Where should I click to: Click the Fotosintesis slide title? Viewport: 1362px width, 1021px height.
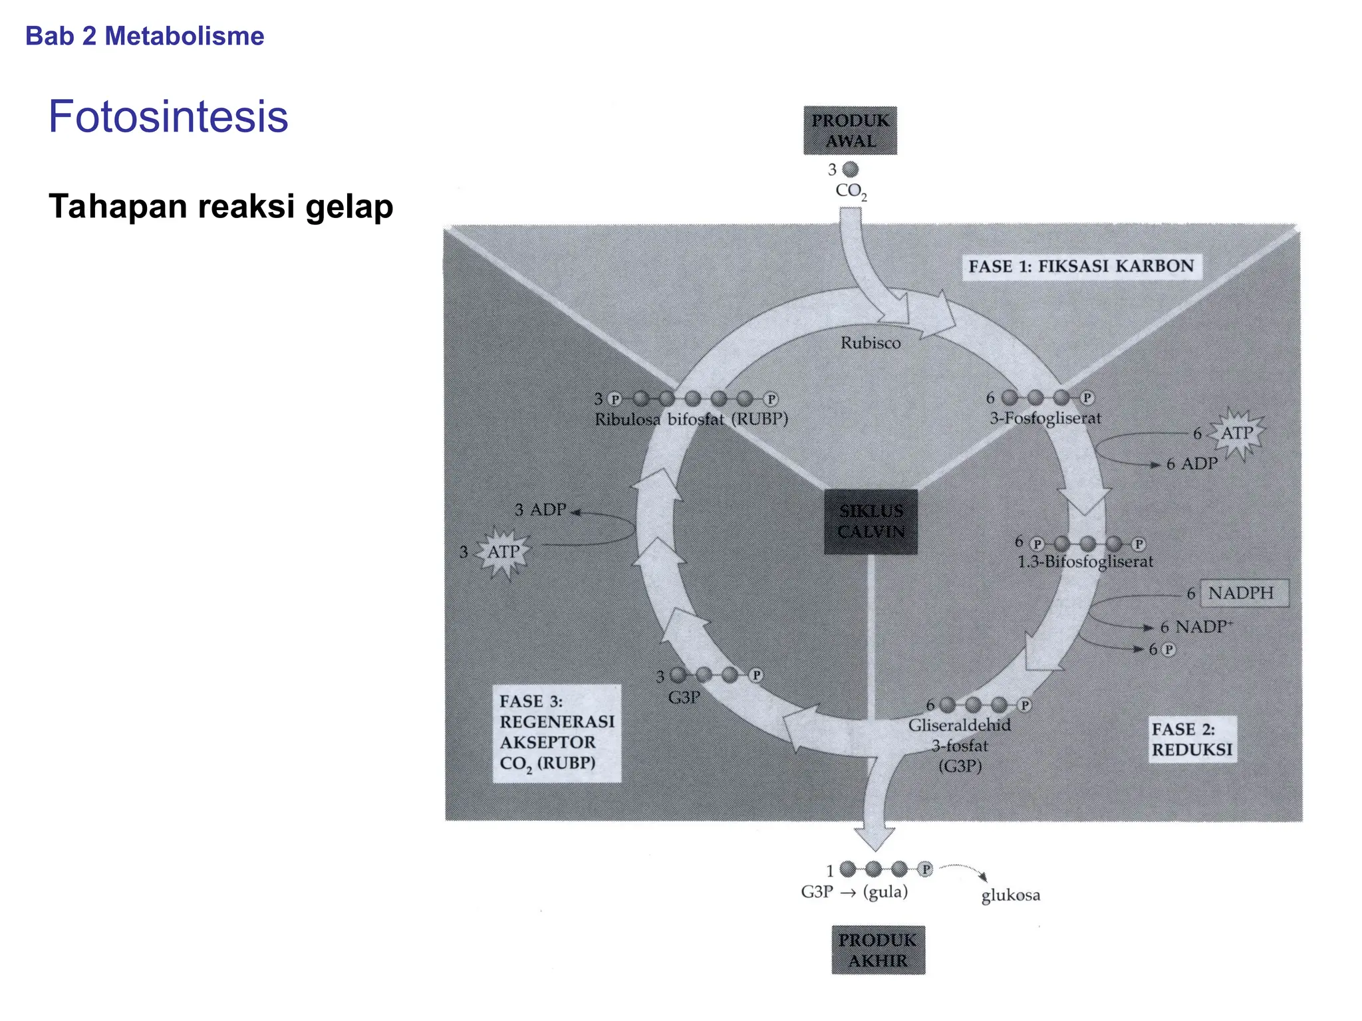pos(168,117)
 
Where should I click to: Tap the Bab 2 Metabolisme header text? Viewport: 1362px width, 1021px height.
pos(144,36)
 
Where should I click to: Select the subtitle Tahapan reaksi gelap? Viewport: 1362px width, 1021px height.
pos(221,206)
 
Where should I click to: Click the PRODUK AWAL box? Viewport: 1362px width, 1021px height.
pos(850,130)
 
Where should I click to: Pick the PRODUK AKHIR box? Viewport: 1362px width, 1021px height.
pos(878,950)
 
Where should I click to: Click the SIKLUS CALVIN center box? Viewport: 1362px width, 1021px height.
pos(871,522)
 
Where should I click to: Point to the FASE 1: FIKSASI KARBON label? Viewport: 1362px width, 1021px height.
pos(1081,267)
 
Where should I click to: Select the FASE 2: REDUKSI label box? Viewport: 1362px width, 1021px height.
pos(1192,739)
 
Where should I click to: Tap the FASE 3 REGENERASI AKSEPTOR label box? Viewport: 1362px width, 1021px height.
pos(557,733)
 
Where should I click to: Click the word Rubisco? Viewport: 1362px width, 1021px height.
pos(871,343)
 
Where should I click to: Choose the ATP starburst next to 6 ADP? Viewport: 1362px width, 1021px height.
pos(1236,433)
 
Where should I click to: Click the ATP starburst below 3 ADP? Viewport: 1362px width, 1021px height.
pos(503,552)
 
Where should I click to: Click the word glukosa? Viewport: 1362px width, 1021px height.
pos(1010,895)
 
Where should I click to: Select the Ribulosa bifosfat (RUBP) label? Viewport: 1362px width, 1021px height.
pos(691,419)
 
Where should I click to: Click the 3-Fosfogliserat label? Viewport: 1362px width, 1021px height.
pos(1045,418)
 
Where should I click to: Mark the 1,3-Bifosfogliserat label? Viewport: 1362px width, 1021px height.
pos(1085,562)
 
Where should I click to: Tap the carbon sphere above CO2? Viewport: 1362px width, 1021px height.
pos(851,170)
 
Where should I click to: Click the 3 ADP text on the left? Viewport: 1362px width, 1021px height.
pos(540,510)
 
